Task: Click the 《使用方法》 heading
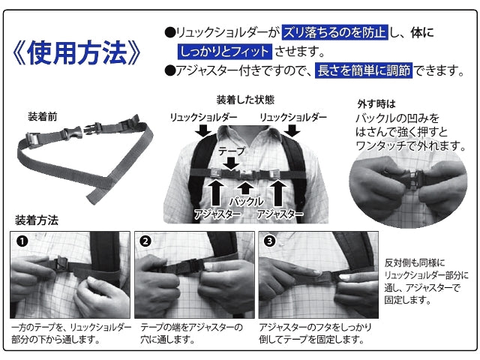pos(76,52)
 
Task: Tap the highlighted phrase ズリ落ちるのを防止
pos(335,32)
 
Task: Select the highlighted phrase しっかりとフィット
pos(225,51)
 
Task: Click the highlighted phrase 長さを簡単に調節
pos(364,70)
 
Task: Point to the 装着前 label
pos(43,117)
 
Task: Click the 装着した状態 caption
pos(245,100)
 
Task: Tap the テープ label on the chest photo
pos(232,151)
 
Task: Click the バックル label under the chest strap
pos(247,202)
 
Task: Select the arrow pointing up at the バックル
pos(245,188)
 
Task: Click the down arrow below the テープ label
pos(232,163)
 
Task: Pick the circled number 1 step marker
pos(22,241)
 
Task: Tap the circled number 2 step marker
pos(145,241)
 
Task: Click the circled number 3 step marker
pos(270,241)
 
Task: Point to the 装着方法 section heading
pos(37,220)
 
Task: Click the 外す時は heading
pos(376,104)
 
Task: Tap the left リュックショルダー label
pos(203,117)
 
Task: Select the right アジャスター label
pos(280,214)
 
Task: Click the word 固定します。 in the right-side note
pos(408,300)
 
